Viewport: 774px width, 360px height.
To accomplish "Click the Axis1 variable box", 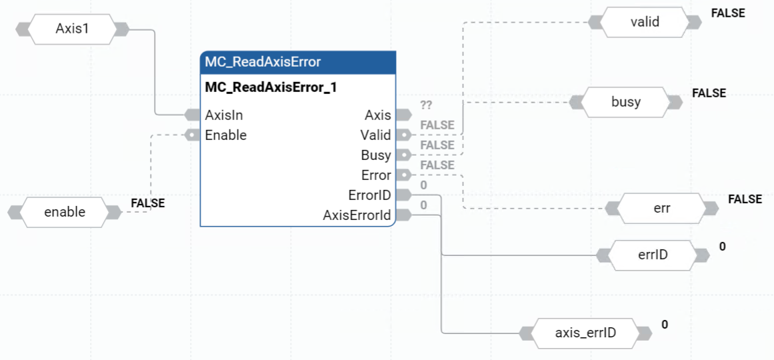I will [72, 29].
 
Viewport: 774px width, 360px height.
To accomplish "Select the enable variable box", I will [65, 212].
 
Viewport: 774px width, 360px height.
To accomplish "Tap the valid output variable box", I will [645, 22].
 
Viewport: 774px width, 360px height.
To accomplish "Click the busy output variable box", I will [625, 102].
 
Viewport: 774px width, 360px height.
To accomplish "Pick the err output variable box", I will [661, 208].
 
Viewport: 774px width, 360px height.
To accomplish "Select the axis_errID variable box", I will [585, 333].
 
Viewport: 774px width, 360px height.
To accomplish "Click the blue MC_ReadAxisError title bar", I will [298, 62].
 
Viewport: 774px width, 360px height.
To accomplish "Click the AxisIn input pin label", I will [223, 115].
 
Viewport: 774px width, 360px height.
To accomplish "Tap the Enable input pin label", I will [225, 135].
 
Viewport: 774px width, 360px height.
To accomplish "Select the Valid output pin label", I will [375, 135].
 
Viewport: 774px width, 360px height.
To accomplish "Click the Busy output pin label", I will [375, 155].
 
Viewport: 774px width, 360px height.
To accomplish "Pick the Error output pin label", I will [376, 175].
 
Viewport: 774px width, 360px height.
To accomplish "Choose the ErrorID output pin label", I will [369, 195].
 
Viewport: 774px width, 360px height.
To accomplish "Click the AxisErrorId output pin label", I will [357, 215].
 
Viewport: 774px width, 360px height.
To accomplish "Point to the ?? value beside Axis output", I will [427, 105].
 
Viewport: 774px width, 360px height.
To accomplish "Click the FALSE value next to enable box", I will [147, 203].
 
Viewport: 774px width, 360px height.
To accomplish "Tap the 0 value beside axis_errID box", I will [665, 325].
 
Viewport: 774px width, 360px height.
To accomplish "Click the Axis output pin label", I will [378, 115].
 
